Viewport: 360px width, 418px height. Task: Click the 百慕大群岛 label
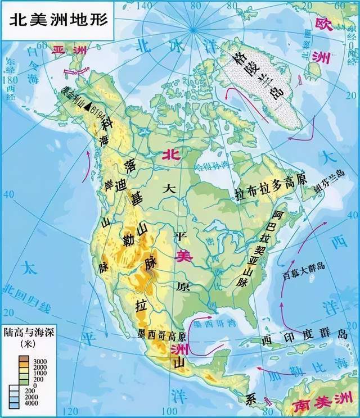click(x=303, y=275)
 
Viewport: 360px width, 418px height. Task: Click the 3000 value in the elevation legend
click(x=41, y=360)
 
